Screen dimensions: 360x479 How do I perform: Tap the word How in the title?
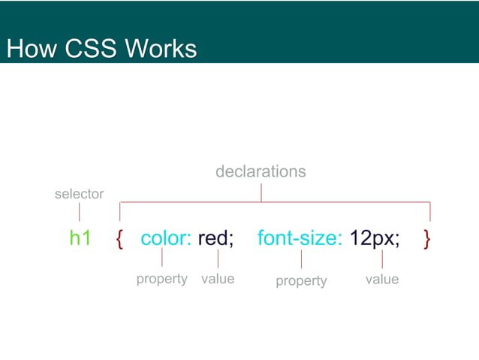click(x=31, y=50)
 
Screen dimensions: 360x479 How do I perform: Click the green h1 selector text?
click(x=80, y=238)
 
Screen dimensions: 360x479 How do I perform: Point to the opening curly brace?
click(x=120, y=239)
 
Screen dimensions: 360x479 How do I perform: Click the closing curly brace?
click(x=427, y=239)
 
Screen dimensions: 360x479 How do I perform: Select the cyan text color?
click(x=166, y=238)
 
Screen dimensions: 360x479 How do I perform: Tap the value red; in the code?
click(x=216, y=238)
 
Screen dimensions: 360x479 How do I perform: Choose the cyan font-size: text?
click(x=300, y=238)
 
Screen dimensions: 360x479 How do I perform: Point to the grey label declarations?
click(x=261, y=171)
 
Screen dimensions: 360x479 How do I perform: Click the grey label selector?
click(x=79, y=194)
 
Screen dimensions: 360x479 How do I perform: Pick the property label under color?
click(x=161, y=279)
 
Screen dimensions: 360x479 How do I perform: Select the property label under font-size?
click(x=301, y=280)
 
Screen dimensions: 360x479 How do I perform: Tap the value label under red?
click(x=218, y=279)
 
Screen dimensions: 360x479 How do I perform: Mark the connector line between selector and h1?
click(x=79, y=212)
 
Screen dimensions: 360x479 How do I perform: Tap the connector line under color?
click(x=162, y=259)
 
